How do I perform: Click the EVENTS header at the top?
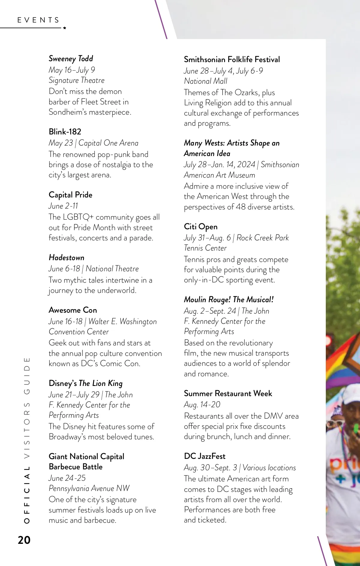coord(38,20)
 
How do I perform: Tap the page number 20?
coord(24,540)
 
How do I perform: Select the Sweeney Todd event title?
coord(71,59)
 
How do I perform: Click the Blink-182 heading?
coord(65,132)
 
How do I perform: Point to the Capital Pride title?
coord(70,195)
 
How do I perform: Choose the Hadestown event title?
coord(67,257)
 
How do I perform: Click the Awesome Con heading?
coord(73,310)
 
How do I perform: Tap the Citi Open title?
coord(201,227)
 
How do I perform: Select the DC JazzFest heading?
coord(205,456)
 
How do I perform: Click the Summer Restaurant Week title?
coord(228,393)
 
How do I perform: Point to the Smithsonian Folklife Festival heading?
coord(232,59)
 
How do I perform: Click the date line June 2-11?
coord(63,206)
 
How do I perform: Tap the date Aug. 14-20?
coord(202,405)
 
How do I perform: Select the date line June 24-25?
coord(67,478)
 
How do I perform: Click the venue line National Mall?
coord(206,81)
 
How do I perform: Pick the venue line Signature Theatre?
coord(76,80)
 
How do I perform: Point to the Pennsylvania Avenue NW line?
coord(89,488)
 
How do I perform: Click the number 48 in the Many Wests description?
coord(240,207)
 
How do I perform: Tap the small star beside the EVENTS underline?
coord(64,28)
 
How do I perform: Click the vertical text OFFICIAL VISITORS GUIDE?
coord(27,440)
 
